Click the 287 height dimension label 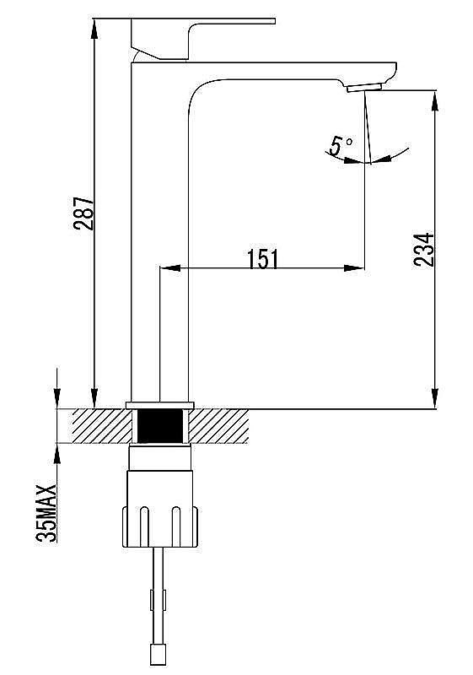[x=83, y=213]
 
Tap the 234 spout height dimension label [x=423, y=250]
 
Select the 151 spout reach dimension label [x=263, y=259]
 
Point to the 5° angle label [x=341, y=146]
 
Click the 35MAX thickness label [x=46, y=513]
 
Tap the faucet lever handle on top [x=202, y=38]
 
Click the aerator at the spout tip [x=364, y=88]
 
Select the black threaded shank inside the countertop [x=160, y=426]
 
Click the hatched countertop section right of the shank [x=219, y=426]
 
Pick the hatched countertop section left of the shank [x=101, y=426]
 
